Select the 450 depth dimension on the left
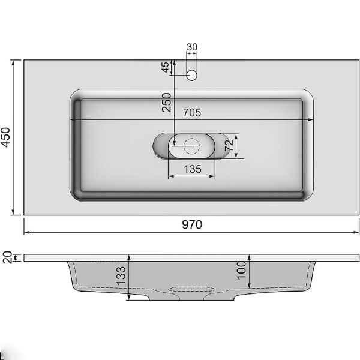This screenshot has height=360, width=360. (x=7, y=137)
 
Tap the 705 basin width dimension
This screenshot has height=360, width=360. (x=191, y=112)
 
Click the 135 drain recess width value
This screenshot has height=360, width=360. (x=191, y=169)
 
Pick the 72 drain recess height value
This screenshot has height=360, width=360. (x=228, y=145)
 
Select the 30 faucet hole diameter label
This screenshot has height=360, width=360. (x=192, y=47)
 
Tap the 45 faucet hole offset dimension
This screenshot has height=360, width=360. (x=166, y=67)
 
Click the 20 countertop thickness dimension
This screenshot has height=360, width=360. (x=7, y=257)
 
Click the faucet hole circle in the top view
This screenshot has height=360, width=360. (x=192, y=75)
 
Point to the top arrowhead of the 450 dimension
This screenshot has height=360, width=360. (x=13, y=62)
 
